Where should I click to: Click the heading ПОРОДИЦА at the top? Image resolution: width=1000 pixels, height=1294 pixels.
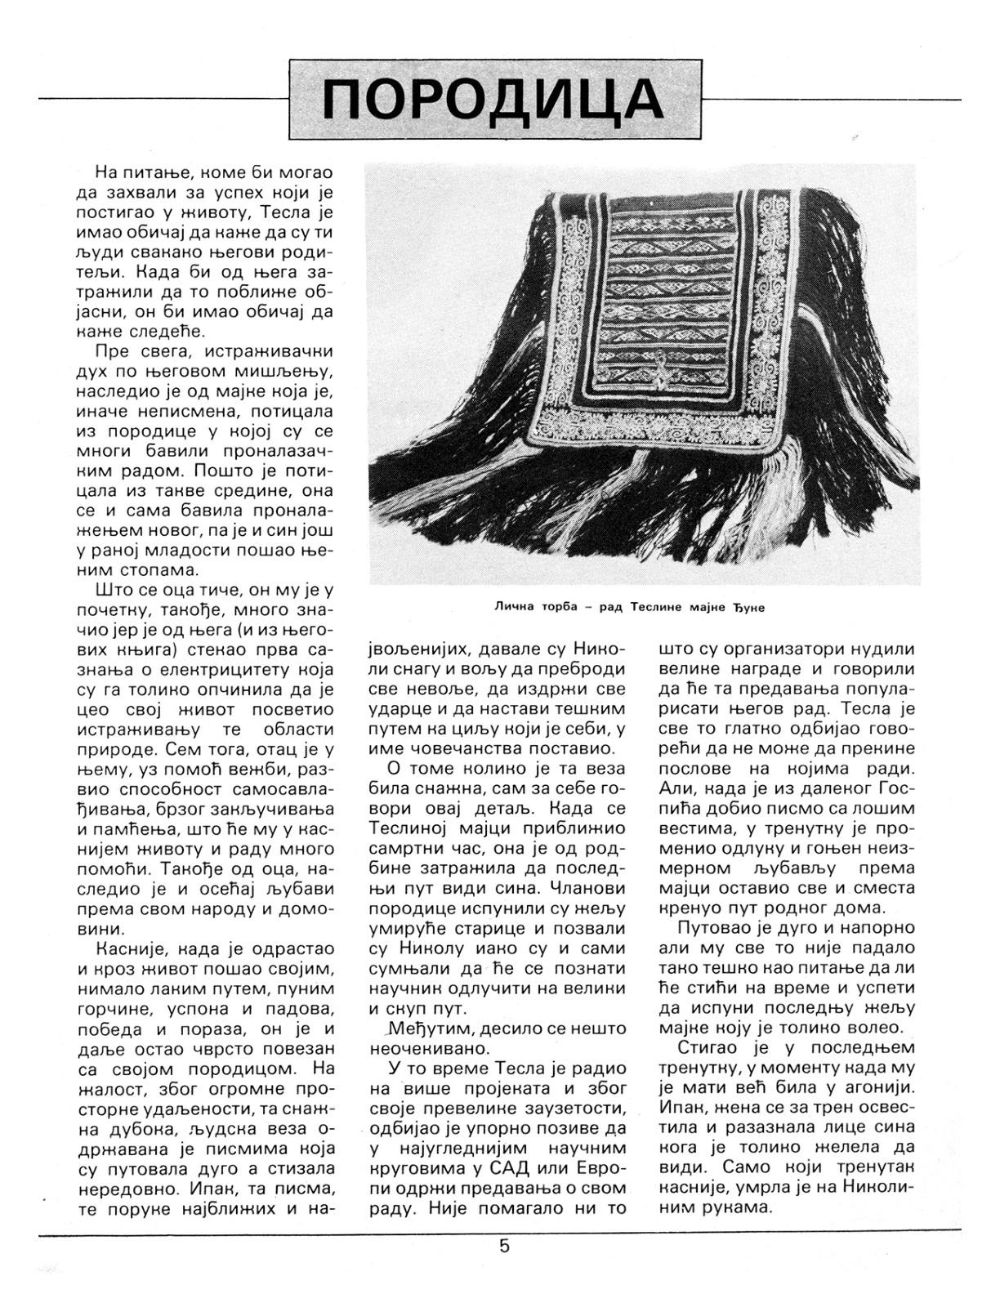point(494,100)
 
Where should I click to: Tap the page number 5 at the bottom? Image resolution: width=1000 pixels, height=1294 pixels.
point(504,1246)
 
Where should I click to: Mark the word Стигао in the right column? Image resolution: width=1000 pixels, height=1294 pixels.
point(710,1047)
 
